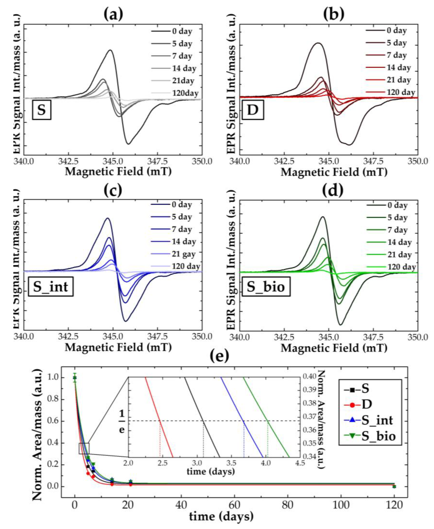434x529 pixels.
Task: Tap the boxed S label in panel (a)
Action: coord(41,110)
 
